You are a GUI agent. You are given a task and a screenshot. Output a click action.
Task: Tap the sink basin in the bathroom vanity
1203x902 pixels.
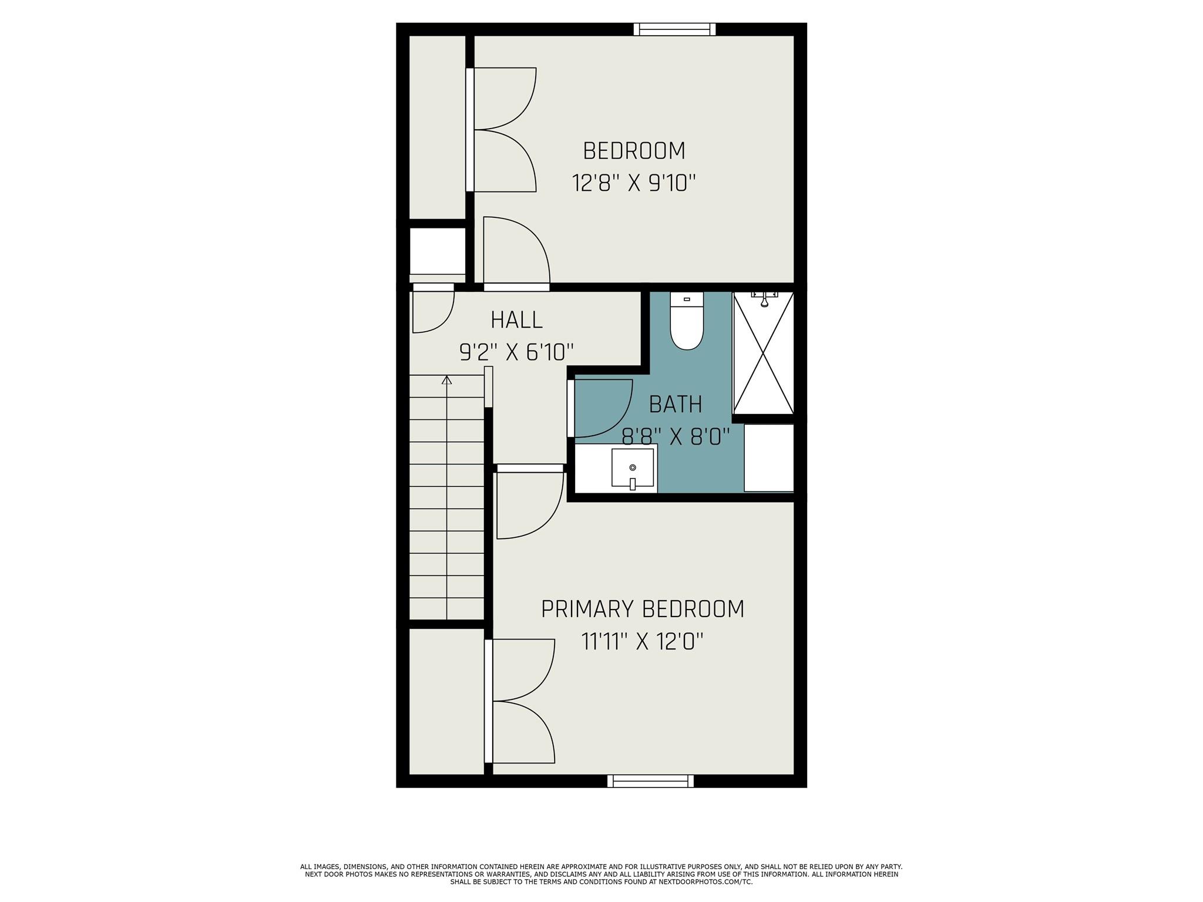pos(632,468)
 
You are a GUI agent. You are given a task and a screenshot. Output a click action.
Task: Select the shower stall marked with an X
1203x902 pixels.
pos(763,352)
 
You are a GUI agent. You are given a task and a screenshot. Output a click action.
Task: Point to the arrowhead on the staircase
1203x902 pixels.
pos(447,379)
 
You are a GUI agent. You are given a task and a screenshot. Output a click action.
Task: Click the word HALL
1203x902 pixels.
pos(516,320)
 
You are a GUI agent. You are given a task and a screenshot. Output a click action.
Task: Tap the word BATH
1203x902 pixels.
pos(676,405)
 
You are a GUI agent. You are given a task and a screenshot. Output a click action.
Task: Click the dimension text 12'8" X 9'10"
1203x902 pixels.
pos(633,183)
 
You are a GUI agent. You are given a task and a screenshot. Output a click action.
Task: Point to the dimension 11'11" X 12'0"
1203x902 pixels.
pos(643,641)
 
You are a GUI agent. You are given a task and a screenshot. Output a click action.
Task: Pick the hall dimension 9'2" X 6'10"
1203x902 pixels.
pos(516,352)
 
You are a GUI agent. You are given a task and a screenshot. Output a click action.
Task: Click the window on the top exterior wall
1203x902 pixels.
pos(674,29)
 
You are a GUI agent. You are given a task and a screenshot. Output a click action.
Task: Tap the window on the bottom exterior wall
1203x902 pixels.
pos(650,781)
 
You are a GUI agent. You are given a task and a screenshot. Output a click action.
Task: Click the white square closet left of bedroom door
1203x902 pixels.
pos(437,251)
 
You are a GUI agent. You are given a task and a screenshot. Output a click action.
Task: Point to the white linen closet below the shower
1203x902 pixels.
pos(768,457)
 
